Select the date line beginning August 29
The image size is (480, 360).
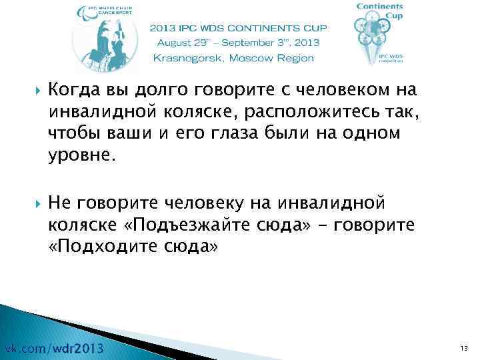pos(237,43)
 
